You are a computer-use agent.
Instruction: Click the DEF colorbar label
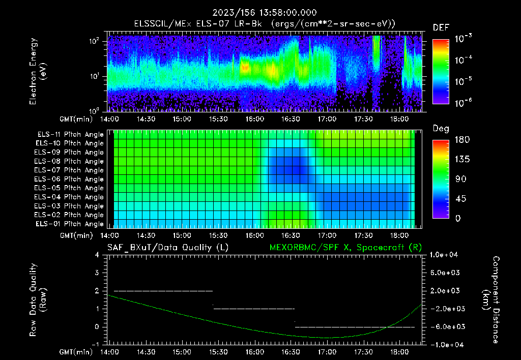click(x=441, y=27)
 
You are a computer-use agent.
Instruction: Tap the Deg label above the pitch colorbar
click(x=441, y=129)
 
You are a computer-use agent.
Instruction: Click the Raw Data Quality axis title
click(x=38, y=300)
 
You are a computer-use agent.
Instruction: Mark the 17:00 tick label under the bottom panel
click(x=327, y=351)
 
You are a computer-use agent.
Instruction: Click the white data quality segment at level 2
click(x=163, y=291)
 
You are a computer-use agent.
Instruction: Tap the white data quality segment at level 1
click(x=254, y=309)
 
